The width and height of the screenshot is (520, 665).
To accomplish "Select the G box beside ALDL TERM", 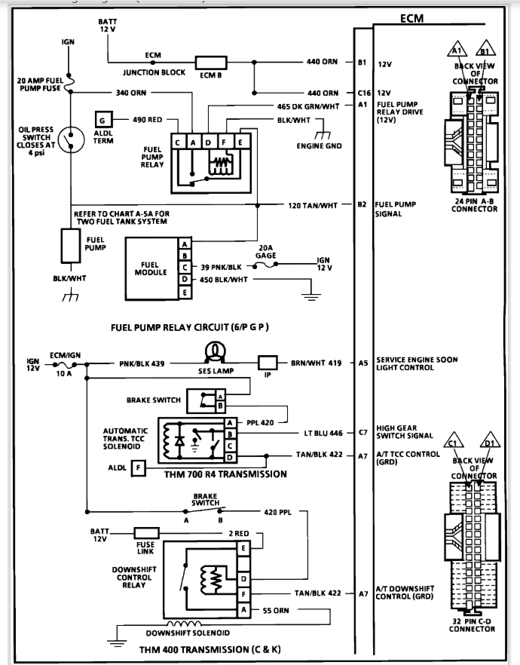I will coord(103,119).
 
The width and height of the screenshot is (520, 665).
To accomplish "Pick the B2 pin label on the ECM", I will coord(362,204).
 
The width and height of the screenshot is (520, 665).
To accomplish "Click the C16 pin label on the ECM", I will coord(363,93).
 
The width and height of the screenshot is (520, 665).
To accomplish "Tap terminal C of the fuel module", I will coord(184,267).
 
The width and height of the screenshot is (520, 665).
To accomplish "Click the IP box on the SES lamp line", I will coord(268,363).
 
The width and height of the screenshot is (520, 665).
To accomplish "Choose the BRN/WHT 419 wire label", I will coord(316,363).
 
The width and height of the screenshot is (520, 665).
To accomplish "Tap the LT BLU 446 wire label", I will coord(323,433).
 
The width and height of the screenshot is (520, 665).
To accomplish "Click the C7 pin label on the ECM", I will coord(362,433).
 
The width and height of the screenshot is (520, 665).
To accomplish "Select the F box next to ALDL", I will coord(138,470).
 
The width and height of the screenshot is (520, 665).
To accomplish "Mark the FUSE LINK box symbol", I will coord(145,534).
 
